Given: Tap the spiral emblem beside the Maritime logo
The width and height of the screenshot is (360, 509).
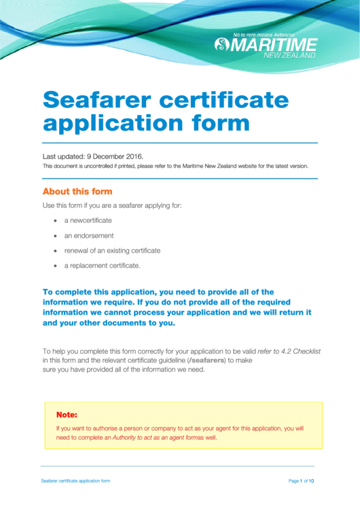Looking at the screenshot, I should (x=222, y=45).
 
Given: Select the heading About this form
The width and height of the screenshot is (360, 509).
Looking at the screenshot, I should (x=77, y=192).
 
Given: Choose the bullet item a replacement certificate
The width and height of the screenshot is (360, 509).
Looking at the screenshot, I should (x=102, y=266).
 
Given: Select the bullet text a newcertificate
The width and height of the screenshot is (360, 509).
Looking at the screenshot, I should (x=88, y=221).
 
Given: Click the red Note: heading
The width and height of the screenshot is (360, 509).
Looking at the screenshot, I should (x=67, y=414).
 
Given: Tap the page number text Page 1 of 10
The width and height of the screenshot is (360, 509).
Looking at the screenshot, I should (x=301, y=480).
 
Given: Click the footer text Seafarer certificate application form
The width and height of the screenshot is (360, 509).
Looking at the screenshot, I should (x=75, y=480).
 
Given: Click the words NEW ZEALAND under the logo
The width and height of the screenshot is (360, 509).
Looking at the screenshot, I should (x=289, y=55).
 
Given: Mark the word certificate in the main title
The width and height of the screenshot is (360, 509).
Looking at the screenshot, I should (x=232, y=100).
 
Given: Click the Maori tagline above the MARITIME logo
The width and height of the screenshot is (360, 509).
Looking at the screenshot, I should (x=274, y=34).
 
